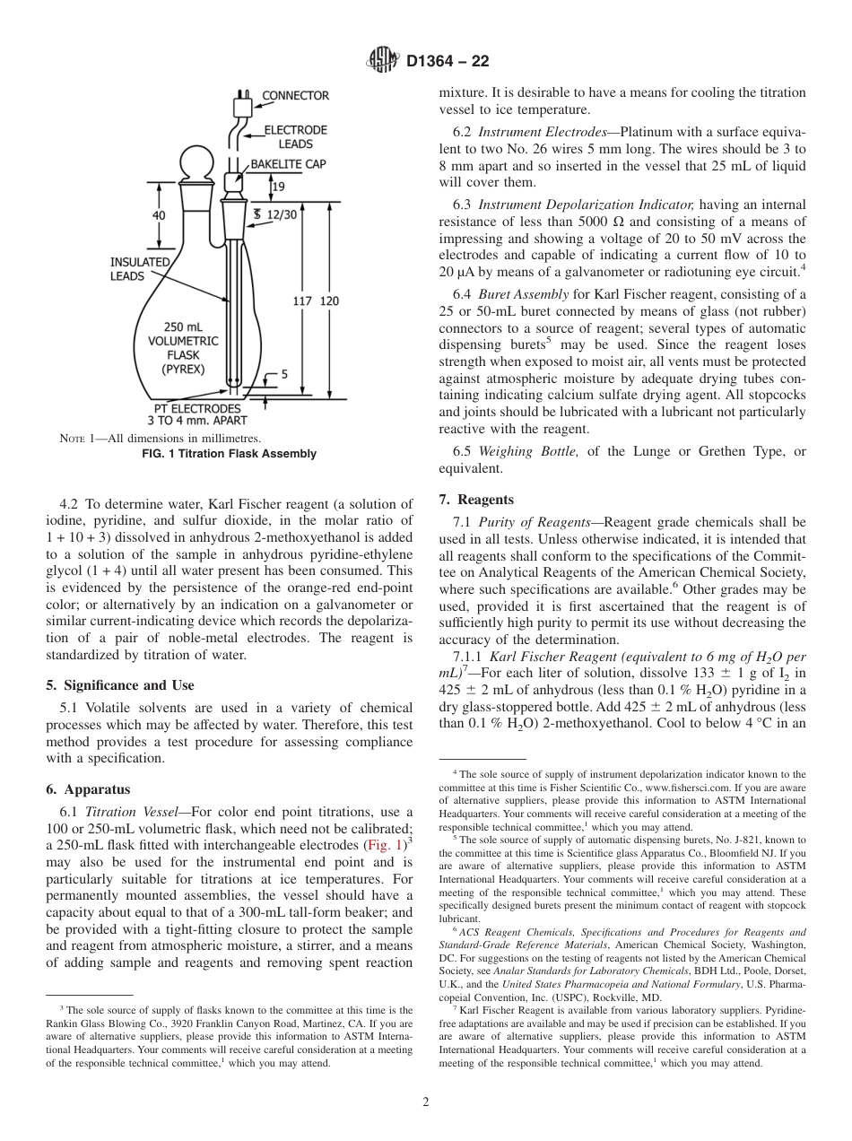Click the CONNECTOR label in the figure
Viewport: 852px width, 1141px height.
coord(295,95)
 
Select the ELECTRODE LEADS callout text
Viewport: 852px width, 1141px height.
coord(295,136)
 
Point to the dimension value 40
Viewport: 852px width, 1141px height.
coord(158,215)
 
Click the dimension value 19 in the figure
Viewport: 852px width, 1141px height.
coord(278,187)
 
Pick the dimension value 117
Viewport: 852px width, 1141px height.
coord(302,301)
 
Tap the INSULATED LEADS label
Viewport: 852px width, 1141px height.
coord(140,269)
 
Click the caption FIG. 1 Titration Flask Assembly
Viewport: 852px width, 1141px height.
coord(230,454)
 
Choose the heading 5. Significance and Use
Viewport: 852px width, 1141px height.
coord(120,685)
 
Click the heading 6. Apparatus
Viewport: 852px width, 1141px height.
coord(88,789)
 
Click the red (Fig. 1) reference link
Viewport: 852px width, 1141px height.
coord(384,844)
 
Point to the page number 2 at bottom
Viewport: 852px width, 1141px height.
coord(425,1102)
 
